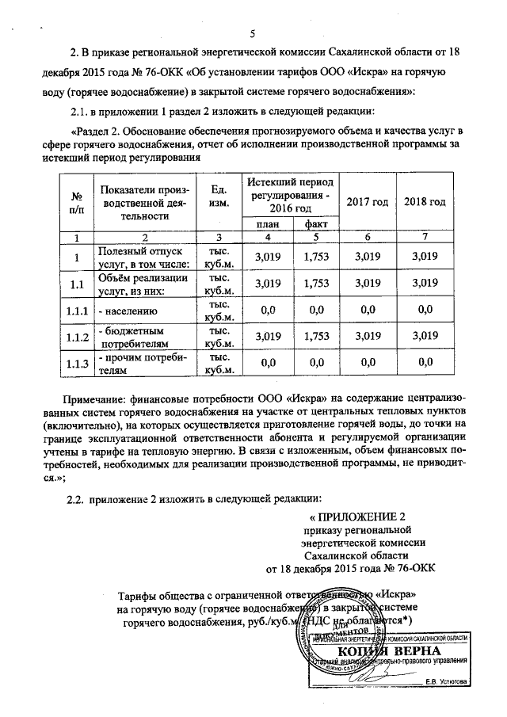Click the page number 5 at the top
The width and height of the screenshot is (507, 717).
253,32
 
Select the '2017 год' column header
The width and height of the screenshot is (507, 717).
368,203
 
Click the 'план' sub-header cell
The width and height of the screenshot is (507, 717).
261,224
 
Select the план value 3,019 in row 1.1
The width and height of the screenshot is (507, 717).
261,282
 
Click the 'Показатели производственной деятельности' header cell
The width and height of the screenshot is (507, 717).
140,203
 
